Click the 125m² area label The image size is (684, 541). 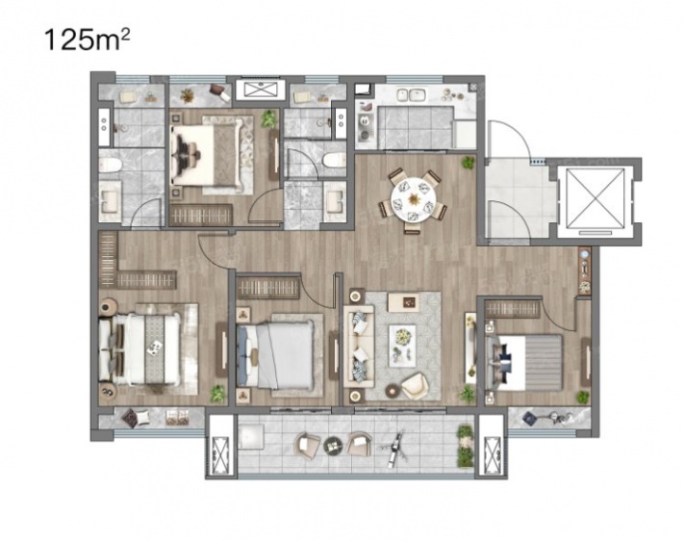(x=87, y=40)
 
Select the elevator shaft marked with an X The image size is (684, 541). (x=595, y=198)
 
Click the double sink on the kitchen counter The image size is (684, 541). (x=413, y=94)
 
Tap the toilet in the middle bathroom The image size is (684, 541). (x=334, y=160)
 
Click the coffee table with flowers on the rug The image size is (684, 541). (x=402, y=345)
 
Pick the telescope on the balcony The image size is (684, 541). (x=394, y=448)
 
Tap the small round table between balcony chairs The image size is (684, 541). (x=333, y=445)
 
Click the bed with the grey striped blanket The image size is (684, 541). (x=524, y=362)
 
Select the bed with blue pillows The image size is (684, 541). (x=275, y=354)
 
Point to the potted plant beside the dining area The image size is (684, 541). (x=469, y=163)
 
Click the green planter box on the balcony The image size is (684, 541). (x=465, y=446)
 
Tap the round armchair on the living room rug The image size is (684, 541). (x=415, y=385)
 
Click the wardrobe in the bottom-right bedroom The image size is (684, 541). (x=513, y=309)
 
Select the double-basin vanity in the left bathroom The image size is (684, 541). (x=105, y=126)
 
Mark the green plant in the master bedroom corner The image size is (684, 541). (x=217, y=394)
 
